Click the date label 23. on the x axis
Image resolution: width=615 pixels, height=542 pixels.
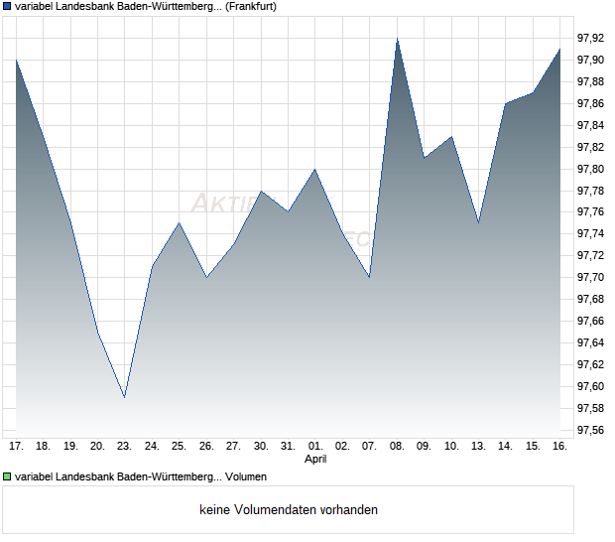(124, 446)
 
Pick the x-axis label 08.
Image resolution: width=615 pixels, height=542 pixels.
(397, 446)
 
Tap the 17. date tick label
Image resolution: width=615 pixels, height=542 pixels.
(16, 446)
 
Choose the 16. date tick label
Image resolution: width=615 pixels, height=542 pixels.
(559, 446)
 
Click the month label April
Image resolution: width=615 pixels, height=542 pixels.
(314, 460)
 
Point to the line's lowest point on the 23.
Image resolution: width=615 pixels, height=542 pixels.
(124, 397)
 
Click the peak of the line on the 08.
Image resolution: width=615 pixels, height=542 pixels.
(397, 39)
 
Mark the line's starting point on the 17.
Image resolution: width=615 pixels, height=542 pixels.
(16, 60)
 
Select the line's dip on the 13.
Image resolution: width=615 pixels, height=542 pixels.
(478, 222)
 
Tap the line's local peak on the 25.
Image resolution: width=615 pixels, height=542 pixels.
(179, 222)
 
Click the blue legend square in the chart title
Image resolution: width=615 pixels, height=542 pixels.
(7, 7)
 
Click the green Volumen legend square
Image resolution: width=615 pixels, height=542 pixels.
(7, 476)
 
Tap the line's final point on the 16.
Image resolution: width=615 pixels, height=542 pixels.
(559, 49)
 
